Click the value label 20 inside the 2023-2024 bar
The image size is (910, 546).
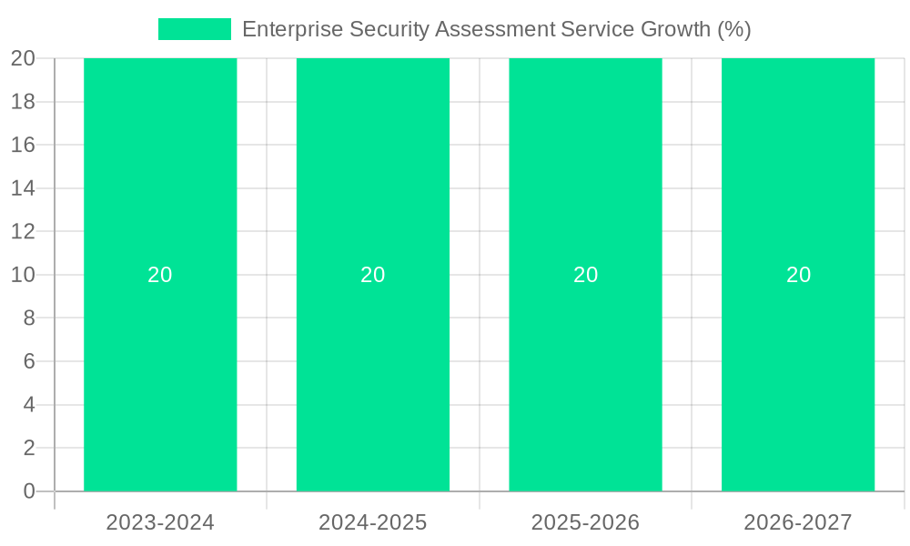pos(160,275)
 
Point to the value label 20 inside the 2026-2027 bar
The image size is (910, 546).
pos(798,275)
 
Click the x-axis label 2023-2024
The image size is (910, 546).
pos(160,522)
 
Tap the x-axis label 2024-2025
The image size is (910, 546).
pos(373,522)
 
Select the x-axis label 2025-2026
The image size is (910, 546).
pos(585,522)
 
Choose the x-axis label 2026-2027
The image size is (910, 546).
pos(798,522)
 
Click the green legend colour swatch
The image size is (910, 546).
pos(195,29)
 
